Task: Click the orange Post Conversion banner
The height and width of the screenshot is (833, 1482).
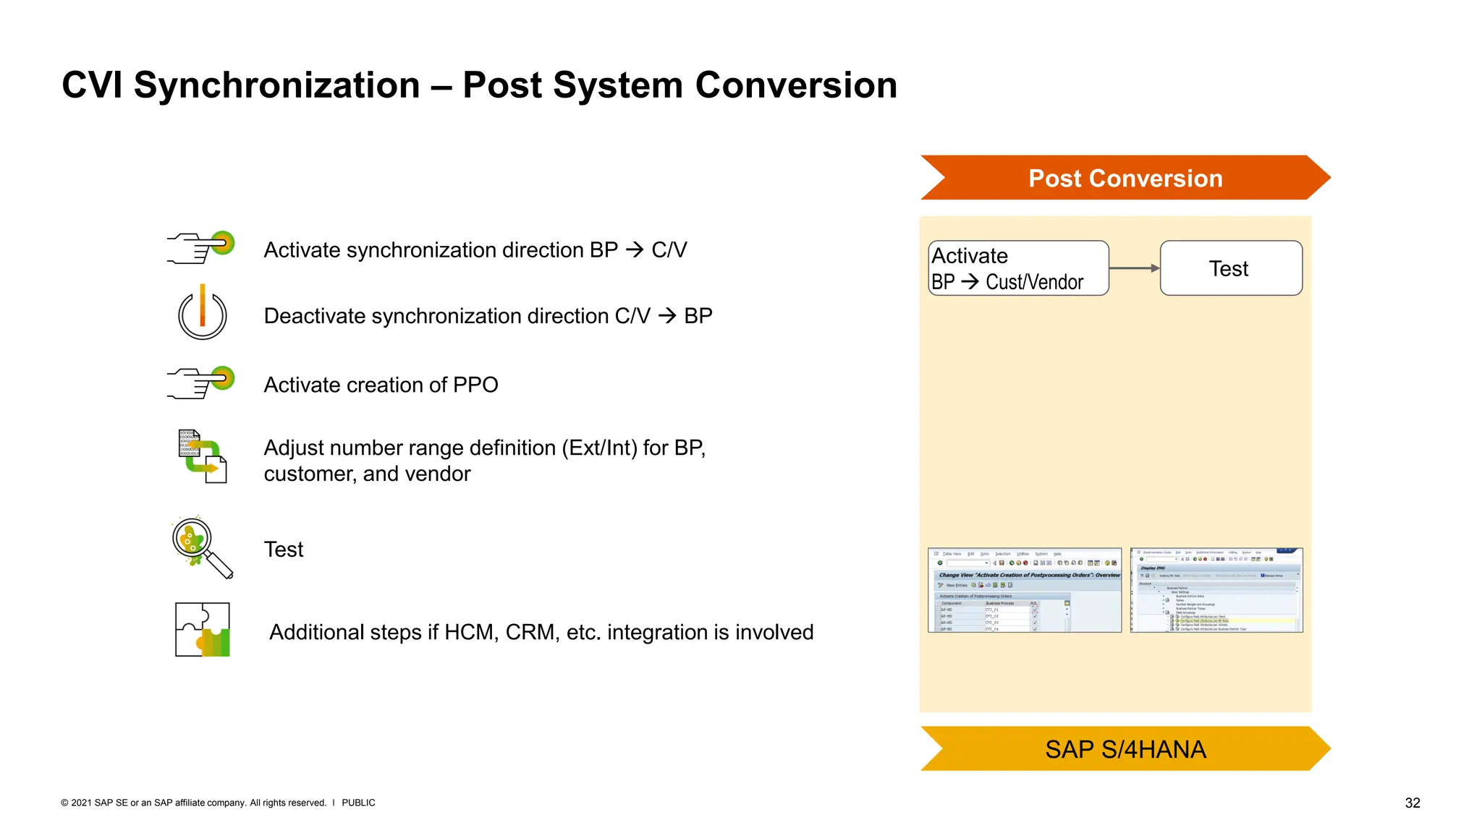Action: pos(1125,178)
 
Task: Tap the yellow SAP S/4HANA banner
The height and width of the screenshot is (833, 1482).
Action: pos(1125,749)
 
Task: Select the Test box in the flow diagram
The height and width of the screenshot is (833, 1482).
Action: pos(1230,268)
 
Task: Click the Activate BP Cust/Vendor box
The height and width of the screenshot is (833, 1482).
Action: pos(1018,268)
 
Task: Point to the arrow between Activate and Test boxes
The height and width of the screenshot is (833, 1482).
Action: pos(1134,268)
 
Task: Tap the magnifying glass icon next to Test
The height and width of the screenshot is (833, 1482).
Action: pos(202,548)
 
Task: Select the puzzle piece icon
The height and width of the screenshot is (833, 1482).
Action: pos(203,630)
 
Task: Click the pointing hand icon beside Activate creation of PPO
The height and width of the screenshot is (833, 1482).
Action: pos(201,383)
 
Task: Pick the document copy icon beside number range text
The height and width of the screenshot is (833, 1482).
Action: pos(203,456)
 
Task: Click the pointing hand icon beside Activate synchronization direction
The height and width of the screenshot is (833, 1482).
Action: pos(201,247)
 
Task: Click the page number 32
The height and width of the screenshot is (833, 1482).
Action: pos(1412,803)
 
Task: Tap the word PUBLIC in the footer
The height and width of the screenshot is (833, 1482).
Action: pos(358,803)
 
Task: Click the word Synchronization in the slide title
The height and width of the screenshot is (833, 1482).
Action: pos(276,85)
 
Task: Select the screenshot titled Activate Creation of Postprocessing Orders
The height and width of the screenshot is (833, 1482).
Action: pos(1024,590)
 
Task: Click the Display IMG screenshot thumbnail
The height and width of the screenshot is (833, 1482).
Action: pos(1216,590)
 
